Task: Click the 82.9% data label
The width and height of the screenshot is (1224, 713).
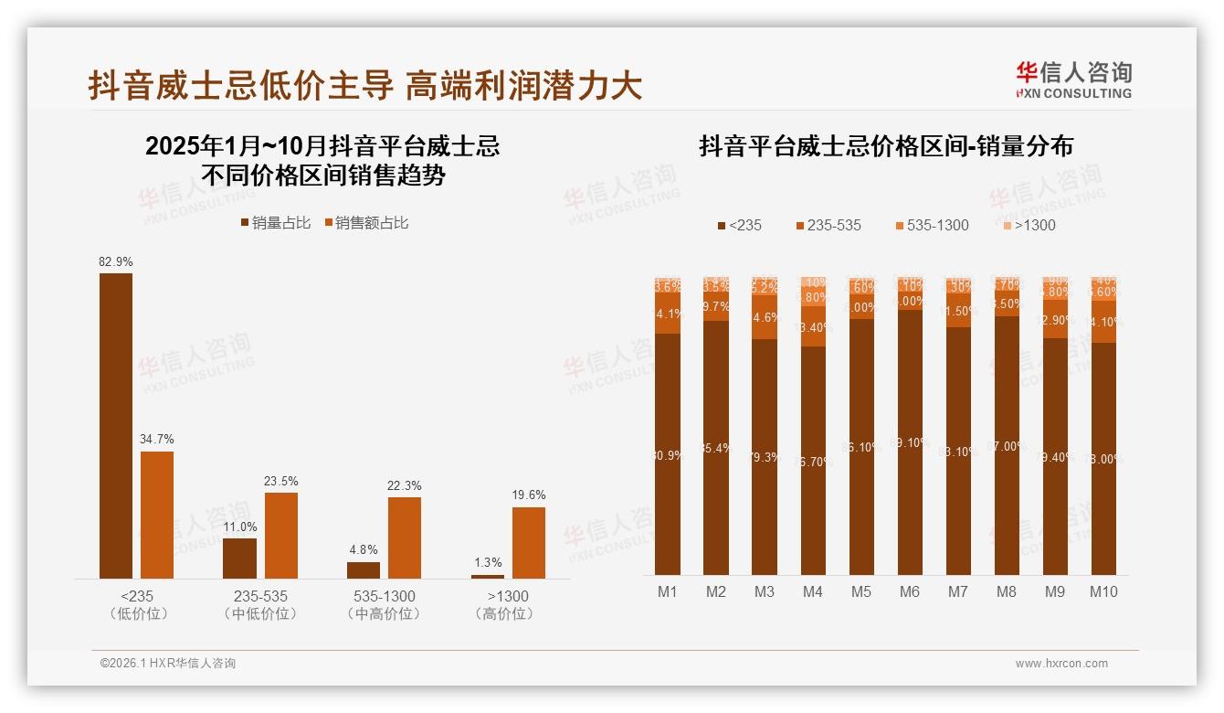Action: [116, 262]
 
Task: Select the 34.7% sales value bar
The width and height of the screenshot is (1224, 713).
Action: [157, 515]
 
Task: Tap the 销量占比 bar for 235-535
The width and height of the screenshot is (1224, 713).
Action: [239, 558]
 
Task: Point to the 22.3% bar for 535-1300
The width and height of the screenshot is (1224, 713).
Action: [405, 537]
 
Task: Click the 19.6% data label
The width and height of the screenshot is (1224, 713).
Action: [529, 495]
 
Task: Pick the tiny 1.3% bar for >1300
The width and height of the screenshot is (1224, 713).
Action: [488, 576]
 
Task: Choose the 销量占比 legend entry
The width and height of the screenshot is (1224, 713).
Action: [275, 223]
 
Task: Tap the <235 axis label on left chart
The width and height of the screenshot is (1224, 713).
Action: [138, 597]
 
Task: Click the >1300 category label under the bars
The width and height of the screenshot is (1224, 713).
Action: [503, 597]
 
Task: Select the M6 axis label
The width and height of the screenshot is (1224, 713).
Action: [909, 592]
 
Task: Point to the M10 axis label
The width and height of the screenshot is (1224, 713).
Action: [1103, 592]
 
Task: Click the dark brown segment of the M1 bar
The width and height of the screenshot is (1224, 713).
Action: [668, 454]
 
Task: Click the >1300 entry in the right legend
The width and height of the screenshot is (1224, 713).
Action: [1028, 226]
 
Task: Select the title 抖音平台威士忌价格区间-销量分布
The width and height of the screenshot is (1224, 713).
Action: [885, 146]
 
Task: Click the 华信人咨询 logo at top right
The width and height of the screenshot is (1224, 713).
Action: [1074, 80]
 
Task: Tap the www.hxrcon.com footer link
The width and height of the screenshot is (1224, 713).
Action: [1061, 664]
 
